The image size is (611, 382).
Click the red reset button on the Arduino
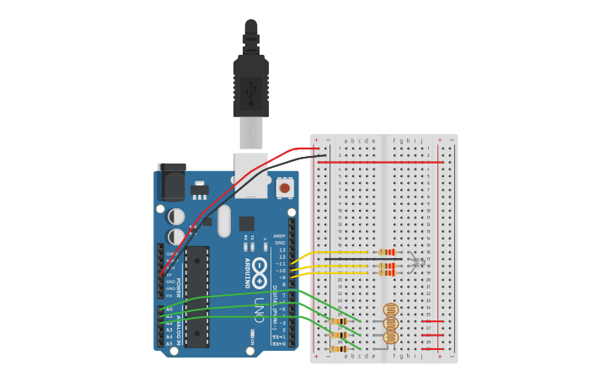285,188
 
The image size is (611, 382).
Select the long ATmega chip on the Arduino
197,296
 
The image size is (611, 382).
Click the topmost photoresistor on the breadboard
390,309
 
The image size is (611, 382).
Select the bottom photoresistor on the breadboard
390,336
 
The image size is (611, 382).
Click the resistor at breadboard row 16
387,252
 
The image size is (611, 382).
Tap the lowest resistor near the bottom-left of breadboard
339,348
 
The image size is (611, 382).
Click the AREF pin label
280,236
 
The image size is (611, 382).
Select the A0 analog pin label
169,309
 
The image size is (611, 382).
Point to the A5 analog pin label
169,344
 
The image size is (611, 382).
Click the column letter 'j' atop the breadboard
421,141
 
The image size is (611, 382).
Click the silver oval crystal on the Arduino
223,221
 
